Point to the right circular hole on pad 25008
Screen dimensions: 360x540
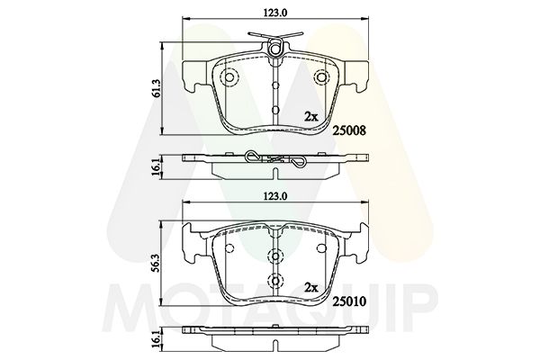[319, 77]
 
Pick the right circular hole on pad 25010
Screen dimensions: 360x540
[319, 247]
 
